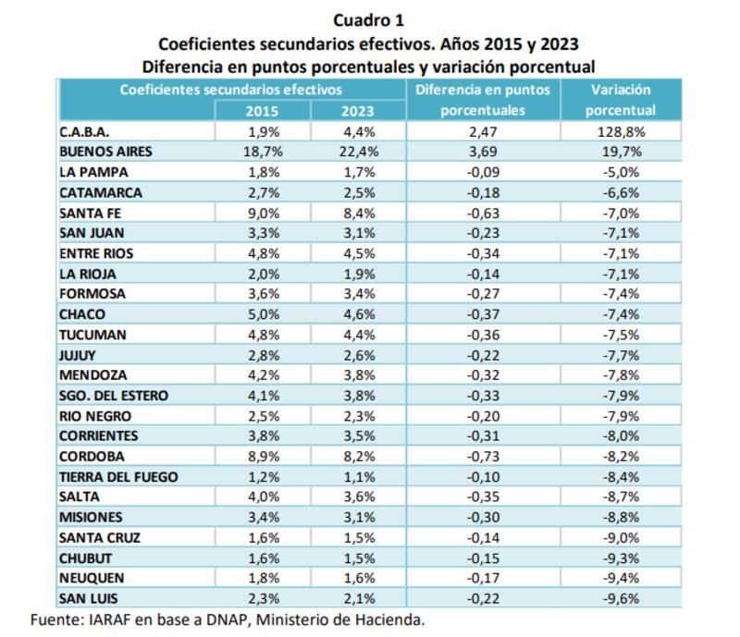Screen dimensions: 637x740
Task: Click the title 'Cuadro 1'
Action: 369,19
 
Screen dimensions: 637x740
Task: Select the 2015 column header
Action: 262,111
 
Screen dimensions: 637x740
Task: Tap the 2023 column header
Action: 358,111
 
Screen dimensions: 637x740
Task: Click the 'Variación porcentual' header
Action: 620,100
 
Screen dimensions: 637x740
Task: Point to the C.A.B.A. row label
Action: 85,132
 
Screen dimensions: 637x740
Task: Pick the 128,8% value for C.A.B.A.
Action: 620,132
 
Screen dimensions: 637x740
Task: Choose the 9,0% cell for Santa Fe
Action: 262,213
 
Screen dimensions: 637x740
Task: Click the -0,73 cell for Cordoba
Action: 483,457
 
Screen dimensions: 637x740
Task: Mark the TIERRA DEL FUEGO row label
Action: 118,477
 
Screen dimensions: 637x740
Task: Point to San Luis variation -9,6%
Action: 620,598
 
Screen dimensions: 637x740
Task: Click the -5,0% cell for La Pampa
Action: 620,173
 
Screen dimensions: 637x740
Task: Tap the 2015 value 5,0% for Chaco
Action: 262,314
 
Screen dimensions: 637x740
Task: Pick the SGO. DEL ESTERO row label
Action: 113,396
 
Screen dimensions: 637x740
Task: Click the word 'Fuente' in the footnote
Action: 55,619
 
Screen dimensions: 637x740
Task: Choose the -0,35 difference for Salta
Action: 483,497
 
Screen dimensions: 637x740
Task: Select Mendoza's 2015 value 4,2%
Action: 262,375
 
